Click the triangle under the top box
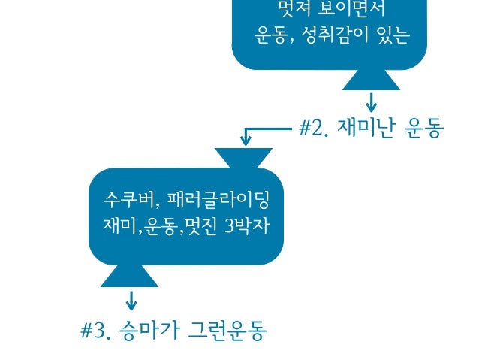371,79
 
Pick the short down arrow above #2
371,101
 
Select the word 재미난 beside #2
366,129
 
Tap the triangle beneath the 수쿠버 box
130,276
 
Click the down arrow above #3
131,301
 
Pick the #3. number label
96,331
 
